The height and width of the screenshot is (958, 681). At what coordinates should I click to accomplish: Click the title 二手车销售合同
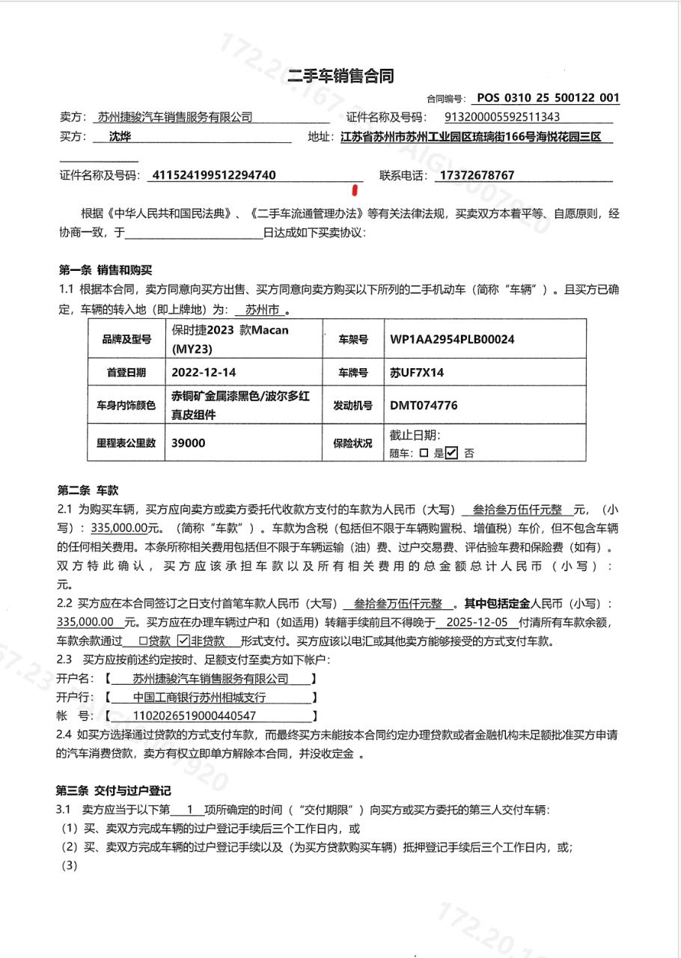pos(340,76)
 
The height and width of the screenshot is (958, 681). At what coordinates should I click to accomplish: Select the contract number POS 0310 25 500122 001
pos(548,97)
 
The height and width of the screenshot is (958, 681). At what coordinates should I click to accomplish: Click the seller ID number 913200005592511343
pos(502,117)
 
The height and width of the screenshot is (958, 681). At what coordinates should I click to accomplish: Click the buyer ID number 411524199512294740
pos(213,176)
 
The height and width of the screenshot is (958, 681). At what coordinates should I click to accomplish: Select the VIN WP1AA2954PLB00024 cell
pos(452,339)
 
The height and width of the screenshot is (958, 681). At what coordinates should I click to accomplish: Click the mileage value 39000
pos(188,443)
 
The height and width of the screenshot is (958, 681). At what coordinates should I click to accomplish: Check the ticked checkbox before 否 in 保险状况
pos(451,453)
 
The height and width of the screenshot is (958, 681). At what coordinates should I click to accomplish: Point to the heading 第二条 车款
pos(88,491)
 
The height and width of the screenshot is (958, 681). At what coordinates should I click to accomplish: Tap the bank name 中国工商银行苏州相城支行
pos(199,698)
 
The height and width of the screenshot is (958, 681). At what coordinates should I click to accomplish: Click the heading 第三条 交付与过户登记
pos(114,790)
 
